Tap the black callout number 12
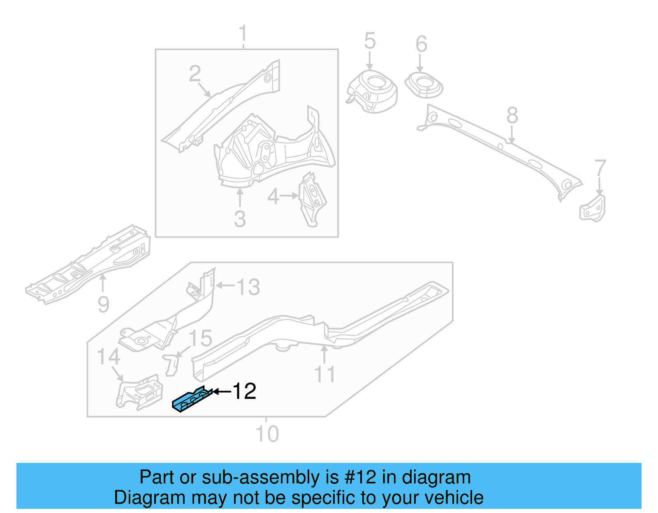[244, 391]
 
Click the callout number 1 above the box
[243, 34]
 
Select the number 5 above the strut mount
[370, 41]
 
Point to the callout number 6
[421, 44]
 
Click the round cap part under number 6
[424, 85]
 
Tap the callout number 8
[512, 115]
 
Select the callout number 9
[104, 304]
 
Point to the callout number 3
[240, 219]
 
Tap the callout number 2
[195, 74]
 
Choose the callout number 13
[248, 287]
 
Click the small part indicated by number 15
[171, 364]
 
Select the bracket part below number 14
[139, 392]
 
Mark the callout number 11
[324, 374]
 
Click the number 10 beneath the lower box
[267, 434]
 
